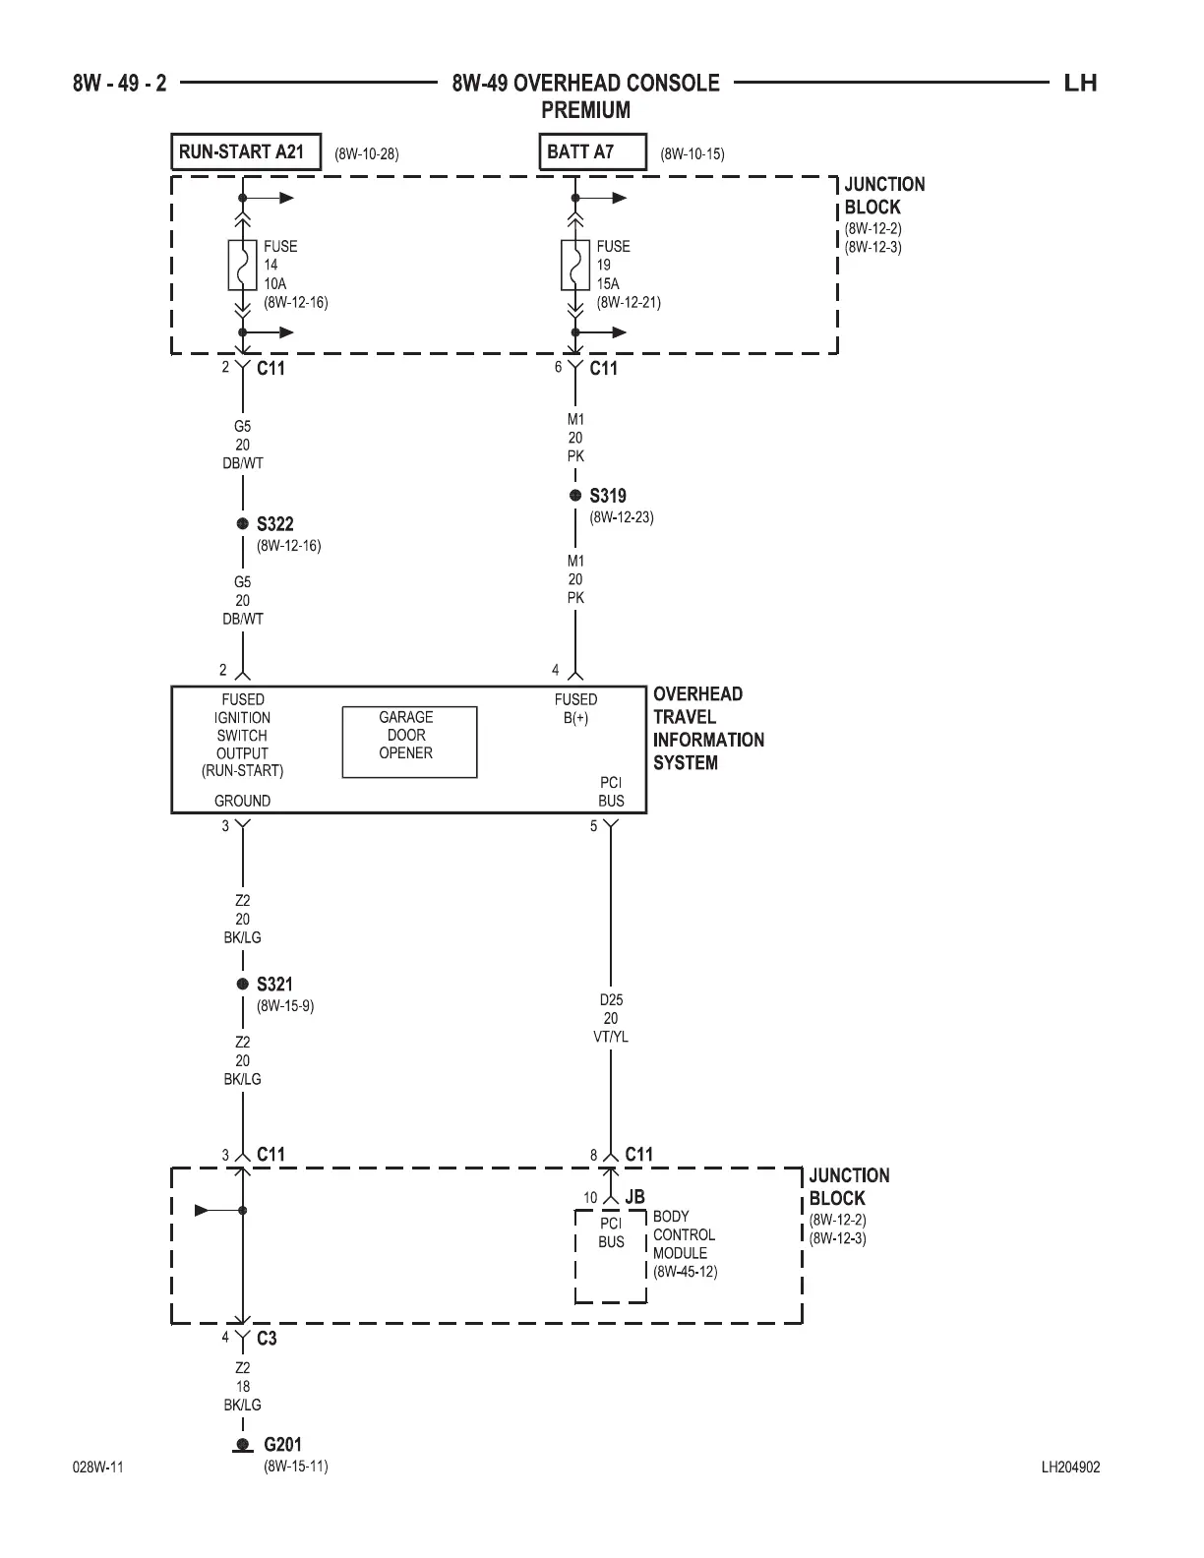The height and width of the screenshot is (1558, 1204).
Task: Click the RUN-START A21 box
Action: pyautogui.click(x=246, y=152)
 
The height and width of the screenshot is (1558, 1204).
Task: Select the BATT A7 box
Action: pyautogui.click(x=592, y=152)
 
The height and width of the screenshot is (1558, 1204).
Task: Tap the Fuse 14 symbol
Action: pyautogui.click(x=242, y=265)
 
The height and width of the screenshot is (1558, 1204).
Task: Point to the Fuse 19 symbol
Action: pyautogui.click(x=575, y=265)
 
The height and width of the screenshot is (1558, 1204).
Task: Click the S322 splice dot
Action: pyautogui.click(x=242, y=524)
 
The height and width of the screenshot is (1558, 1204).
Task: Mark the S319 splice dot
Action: pyautogui.click(x=575, y=496)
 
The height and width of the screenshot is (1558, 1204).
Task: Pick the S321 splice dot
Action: pyautogui.click(x=242, y=984)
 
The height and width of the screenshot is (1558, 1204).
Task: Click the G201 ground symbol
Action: pyautogui.click(x=242, y=1445)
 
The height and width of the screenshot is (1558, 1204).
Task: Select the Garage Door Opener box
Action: pyautogui.click(x=409, y=742)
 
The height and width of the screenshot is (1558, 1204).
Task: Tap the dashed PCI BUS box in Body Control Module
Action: pyautogui.click(x=611, y=1256)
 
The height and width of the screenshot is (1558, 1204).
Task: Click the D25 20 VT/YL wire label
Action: pyautogui.click(x=611, y=1018)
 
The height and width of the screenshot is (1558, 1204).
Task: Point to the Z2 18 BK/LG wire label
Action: pyautogui.click(x=242, y=1386)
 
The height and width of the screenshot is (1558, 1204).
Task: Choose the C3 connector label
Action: pyautogui.click(x=267, y=1339)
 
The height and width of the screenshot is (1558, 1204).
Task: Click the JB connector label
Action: pyautogui.click(x=634, y=1198)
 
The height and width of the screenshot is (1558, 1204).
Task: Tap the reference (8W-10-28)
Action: pyautogui.click(x=367, y=154)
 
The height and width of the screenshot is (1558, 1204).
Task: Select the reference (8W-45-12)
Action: pyautogui.click(x=686, y=1272)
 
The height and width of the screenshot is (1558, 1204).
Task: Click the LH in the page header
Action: pyautogui.click(x=1080, y=84)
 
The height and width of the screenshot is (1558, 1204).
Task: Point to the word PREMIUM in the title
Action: pyautogui.click(x=585, y=110)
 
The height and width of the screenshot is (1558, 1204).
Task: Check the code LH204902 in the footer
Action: pyautogui.click(x=1070, y=1468)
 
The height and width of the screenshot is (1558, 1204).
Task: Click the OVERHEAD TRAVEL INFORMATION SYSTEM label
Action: pyautogui.click(x=708, y=728)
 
